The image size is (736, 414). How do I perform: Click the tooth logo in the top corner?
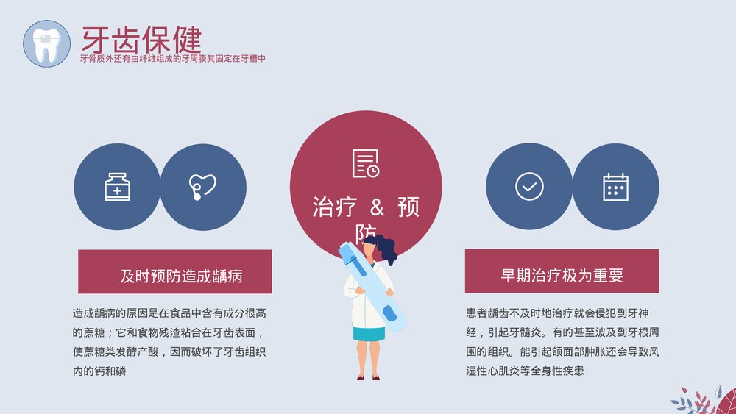47,43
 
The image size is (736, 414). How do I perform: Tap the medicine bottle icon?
117,187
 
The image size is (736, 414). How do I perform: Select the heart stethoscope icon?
202,187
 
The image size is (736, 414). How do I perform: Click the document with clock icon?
366,163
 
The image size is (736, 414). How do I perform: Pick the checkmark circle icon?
529,187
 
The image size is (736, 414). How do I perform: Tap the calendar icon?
615,187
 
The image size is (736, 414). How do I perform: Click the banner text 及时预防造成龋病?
182,276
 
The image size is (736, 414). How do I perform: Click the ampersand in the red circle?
366,207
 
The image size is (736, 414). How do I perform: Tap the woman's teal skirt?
369,333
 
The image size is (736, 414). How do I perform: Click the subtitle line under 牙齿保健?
172,58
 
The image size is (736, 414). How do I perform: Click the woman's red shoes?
367,377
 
